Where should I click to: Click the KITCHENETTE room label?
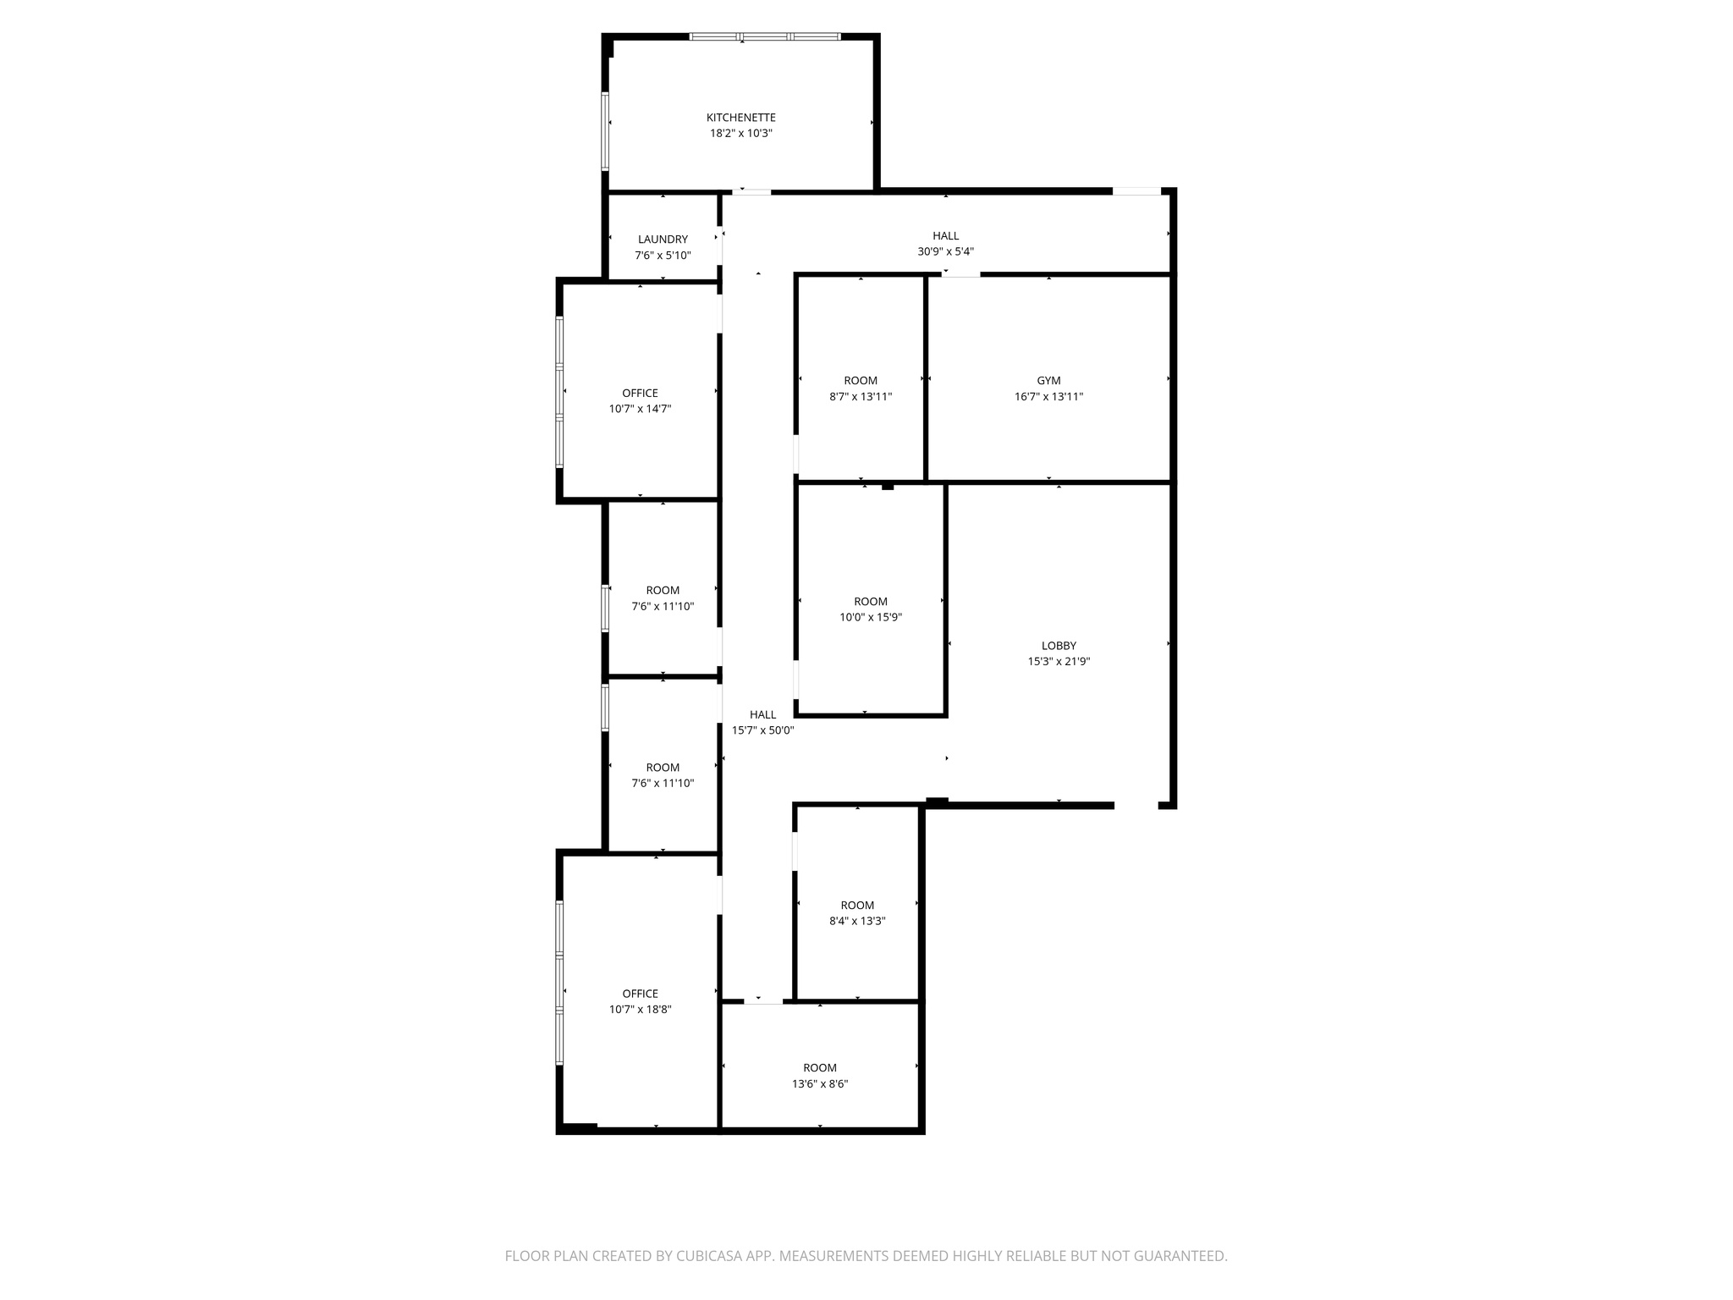pyautogui.click(x=740, y=118)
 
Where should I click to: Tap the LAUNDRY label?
pyautogui.click(x=663, y=240)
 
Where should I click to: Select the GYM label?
pyautogui.click(x=1048, y=381)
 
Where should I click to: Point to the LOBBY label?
pyautogui.click(x=1059, y=646)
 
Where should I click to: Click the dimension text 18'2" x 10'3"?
pyautogui.click(x=740, y=134)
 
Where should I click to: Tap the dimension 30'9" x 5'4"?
pyautogui.click(x=945, y=251)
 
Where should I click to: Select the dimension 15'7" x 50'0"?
pyautogui.click(x=762, y=730)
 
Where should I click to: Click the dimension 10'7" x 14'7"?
pyautogui.click(x=640, y=409)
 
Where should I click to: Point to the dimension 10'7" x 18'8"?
pyautogui.click(x=640, y=1010)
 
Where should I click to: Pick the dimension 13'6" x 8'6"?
pyautogui.click(x=819, y=1084)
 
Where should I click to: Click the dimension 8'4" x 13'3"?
pyautogui.click(x=857, y=922)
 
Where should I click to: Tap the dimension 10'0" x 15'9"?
pyautogui.click(x=870, y=618)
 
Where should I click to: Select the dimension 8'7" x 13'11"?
pyautogui.click(x=861, y=397)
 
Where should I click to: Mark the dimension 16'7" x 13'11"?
pyautogui.click(x=1048, y=397)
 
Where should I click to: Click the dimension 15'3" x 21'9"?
pyautogui.click(x=1059, y=662)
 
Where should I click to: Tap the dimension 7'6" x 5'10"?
pyautogui.click(x=663, y=256)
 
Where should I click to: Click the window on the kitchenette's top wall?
pyautogui.click(x=765, y=37)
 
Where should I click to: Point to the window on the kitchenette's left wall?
pyautogui.click(x=605, y=130)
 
